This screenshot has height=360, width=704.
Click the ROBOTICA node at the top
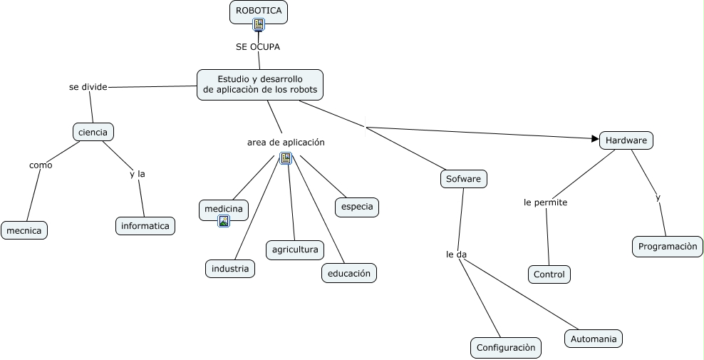(x=259, y=11)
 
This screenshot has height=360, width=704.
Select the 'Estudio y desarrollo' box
(x=260, y=84)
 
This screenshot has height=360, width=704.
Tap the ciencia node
(x=93, y=132)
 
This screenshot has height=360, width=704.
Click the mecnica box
(x=24, y=230)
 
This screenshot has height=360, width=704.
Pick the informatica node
(x=145, y=226)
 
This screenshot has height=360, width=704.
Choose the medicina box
(x=224, y=209)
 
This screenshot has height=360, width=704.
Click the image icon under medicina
(x=224, y=221)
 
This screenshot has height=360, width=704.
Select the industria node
(x=230, y=269)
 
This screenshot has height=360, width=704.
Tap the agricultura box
(x=295, y=250)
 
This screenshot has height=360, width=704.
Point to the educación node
(x=348, y=273)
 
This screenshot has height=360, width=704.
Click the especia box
(x=357, y=207)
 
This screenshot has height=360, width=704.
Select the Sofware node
(x=464, y=179)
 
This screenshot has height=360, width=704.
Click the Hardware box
(x=626, y=140)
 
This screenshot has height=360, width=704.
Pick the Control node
(x=549, y=274)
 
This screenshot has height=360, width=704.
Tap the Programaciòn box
(x=668, y=247)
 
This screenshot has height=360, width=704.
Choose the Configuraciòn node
(x=505, y=348)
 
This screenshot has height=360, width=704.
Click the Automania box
(x=594, y=339)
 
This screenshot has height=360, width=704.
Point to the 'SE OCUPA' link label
(x=258, y=47)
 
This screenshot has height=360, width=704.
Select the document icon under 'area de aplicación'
(x=286, y=158)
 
